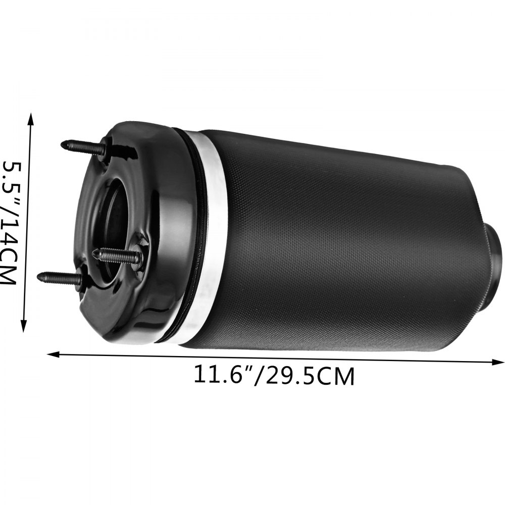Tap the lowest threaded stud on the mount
click(60, 277)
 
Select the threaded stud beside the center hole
click(119, 256)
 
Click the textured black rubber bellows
click(343, 242)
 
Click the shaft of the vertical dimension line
click(27, 222)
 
